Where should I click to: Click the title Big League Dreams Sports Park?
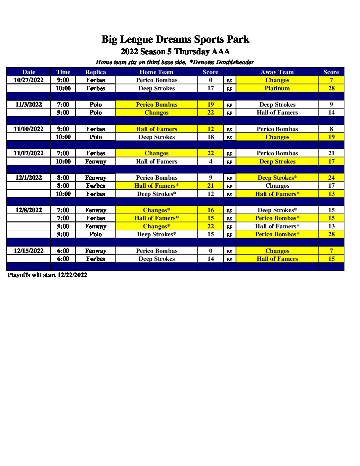point(175,39)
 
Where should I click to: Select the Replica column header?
point(96,72)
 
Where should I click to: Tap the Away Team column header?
point(277,72)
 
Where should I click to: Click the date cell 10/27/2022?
point(29,80)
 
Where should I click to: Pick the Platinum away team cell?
point(277,88)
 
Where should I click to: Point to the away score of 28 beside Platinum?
point(331,88)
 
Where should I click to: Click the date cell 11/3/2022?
point(29,105)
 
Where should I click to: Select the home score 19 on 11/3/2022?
point(210,105)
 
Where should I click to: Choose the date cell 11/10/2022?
point(29,129)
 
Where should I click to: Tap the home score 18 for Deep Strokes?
point(210,137)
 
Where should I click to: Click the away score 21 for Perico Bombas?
point(331,153)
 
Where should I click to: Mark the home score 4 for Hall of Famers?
point(210,162)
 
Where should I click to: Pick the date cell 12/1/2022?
point(29,178)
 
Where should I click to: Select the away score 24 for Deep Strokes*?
point(331,178)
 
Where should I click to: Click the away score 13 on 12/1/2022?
point(331,194)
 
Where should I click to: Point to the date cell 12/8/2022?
point(29,210)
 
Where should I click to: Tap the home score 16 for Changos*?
point(210,210)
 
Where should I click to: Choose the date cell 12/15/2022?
point(29,251)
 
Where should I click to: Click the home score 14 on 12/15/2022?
point(210,259)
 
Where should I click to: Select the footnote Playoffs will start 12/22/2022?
point(47,275)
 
